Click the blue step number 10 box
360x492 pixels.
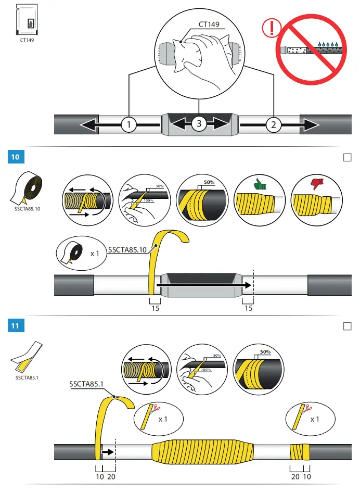[x=15, y=157]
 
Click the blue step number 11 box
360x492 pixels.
[x=15, y=326]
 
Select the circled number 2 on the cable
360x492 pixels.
[x=273, y=124]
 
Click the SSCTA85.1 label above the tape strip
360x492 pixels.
[x=87, y=385]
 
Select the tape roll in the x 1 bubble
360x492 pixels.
[x=72, y=253]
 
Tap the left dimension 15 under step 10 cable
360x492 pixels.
[x=155, y=309]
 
